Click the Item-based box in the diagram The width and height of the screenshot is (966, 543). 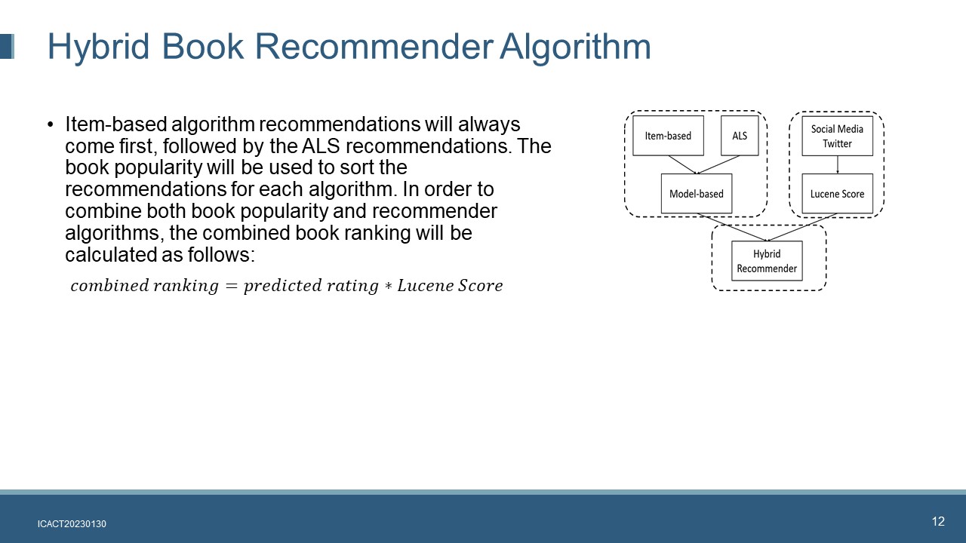click(668, 135)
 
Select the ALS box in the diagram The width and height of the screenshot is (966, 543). click(740, 135)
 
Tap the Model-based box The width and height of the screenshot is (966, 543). click(697, 194)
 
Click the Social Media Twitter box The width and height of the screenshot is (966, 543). click(837, 136)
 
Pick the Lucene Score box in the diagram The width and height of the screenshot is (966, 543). click(837, 194)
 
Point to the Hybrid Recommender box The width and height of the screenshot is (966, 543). click(767, 261)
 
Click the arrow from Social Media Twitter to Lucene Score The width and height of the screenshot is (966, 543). click(838, 164)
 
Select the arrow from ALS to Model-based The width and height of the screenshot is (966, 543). click(718, 164)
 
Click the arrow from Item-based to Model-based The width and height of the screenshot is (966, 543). click(682, 164)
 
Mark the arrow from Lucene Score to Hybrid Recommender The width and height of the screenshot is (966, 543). click(802, 227)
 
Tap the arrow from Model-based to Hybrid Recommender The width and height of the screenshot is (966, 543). click(732, 227)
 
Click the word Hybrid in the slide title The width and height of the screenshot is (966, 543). click(98, 47)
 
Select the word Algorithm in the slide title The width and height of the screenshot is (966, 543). click(575, 47)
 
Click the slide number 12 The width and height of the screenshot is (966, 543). click(938, 521)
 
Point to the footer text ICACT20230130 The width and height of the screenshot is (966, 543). click(72, 524)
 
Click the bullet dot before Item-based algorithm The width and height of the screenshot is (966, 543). click(51, 125)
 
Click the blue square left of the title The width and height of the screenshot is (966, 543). click(7, 47)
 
